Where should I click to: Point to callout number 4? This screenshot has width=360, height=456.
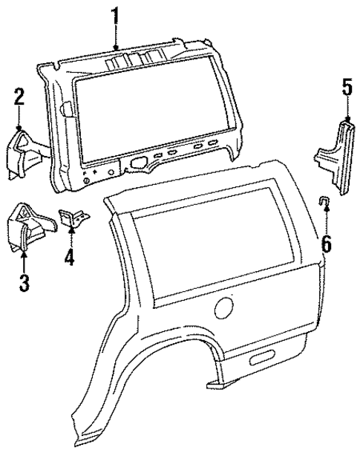click(70, 259)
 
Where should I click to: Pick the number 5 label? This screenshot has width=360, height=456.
click(346, 87)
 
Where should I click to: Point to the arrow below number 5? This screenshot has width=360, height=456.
click(346, 108)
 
